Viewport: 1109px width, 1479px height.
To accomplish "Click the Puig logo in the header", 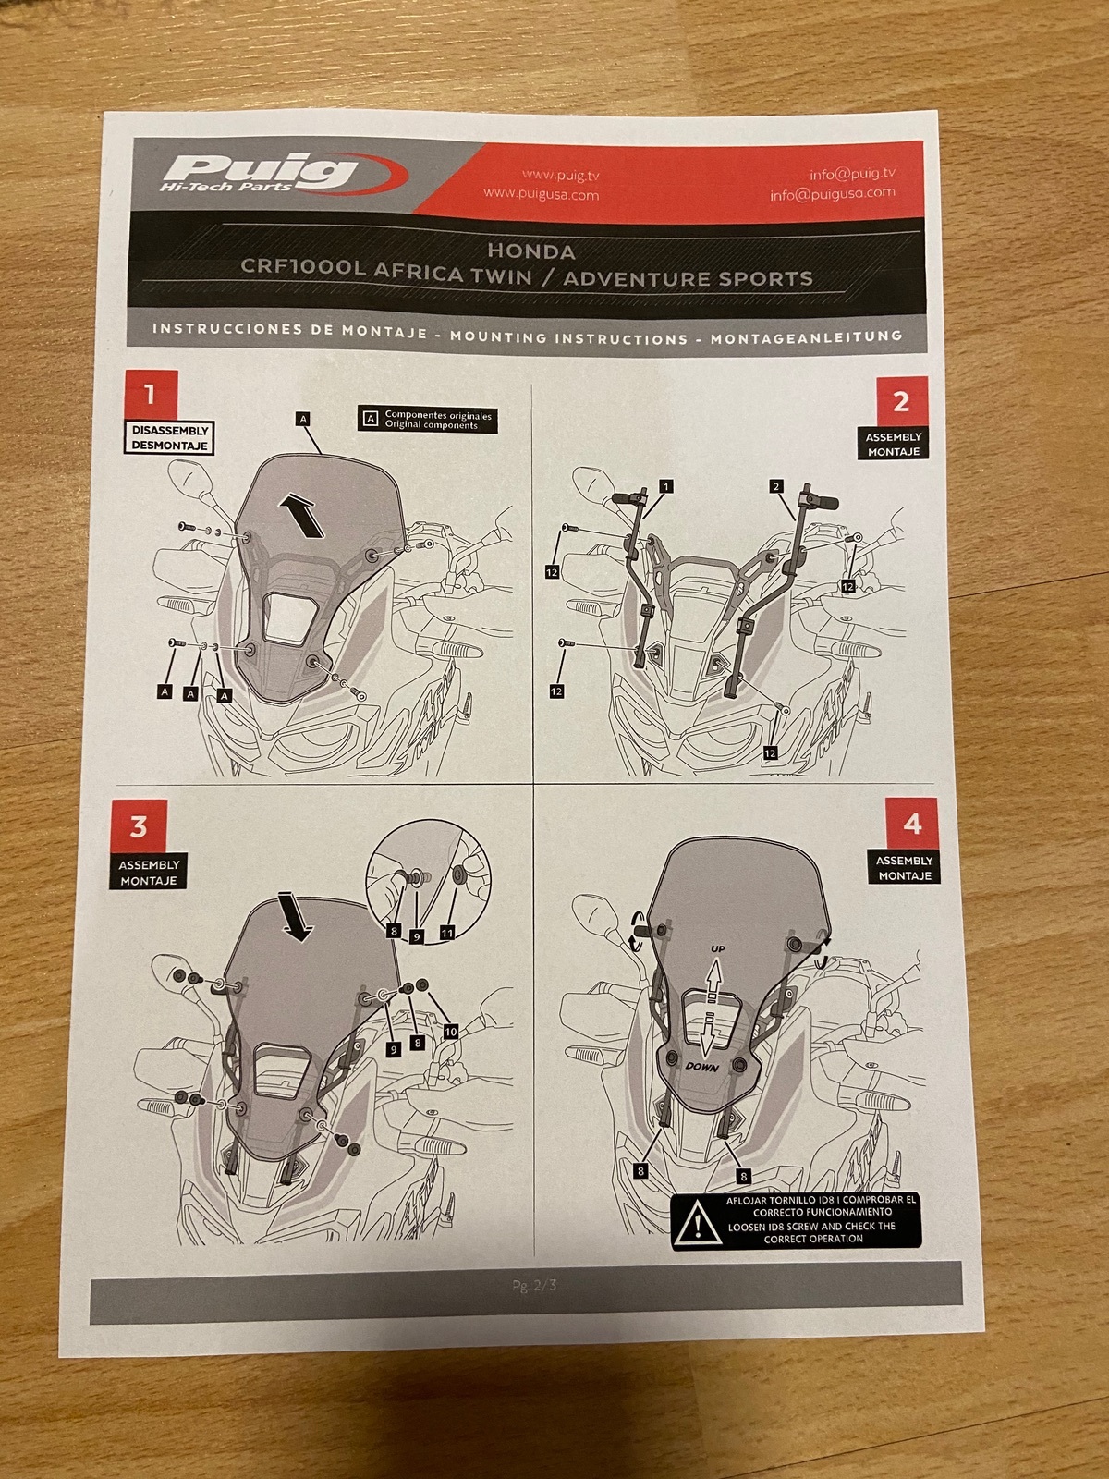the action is pyautogui.click(x=283, y=174).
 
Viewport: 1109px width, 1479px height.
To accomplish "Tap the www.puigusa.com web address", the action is pyautogui.click(x=541, y=195).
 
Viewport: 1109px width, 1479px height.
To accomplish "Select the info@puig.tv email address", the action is pyautogui.click(x=852, y=174).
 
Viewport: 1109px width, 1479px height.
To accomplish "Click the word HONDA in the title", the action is pyautogui.click(x=531, y=251).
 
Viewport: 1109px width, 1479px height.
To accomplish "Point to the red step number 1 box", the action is pyautogui.click(x=150, y=395).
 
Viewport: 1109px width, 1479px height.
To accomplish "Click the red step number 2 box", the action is pyautogui.click(x=902, y=401).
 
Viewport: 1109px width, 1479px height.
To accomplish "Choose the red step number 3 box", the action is pyautogui.click(x=139, y=827).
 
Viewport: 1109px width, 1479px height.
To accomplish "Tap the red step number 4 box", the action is pyautogui.click(x=912, y=824).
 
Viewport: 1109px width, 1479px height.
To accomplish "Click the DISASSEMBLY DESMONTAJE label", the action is pyautogui.click(x=170, y=438).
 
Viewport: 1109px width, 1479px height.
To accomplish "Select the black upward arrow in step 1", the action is pyautogui.click(x=302, y=514).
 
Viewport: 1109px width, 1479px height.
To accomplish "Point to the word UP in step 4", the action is pyautogui.click(x=718, y=948).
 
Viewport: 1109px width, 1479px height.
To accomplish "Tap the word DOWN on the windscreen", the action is pyautogui.click(x=701, y=1067).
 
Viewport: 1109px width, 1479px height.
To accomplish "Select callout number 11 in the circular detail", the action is pyautogui.click(x=447, y=933).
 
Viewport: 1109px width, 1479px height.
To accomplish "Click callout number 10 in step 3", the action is pyautogui.click(x=450, y=1031).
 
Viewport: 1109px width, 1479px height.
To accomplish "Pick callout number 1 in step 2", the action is pyautogui.click(x=666, y=486).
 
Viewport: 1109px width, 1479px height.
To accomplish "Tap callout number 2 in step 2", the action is pyautogui.click(x=777, y=486).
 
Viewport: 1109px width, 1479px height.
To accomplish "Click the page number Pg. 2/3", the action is pyautogui.click(x=534, y=1286).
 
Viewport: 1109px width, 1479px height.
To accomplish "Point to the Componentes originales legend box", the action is pyautogui.click(x=428, y=420).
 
